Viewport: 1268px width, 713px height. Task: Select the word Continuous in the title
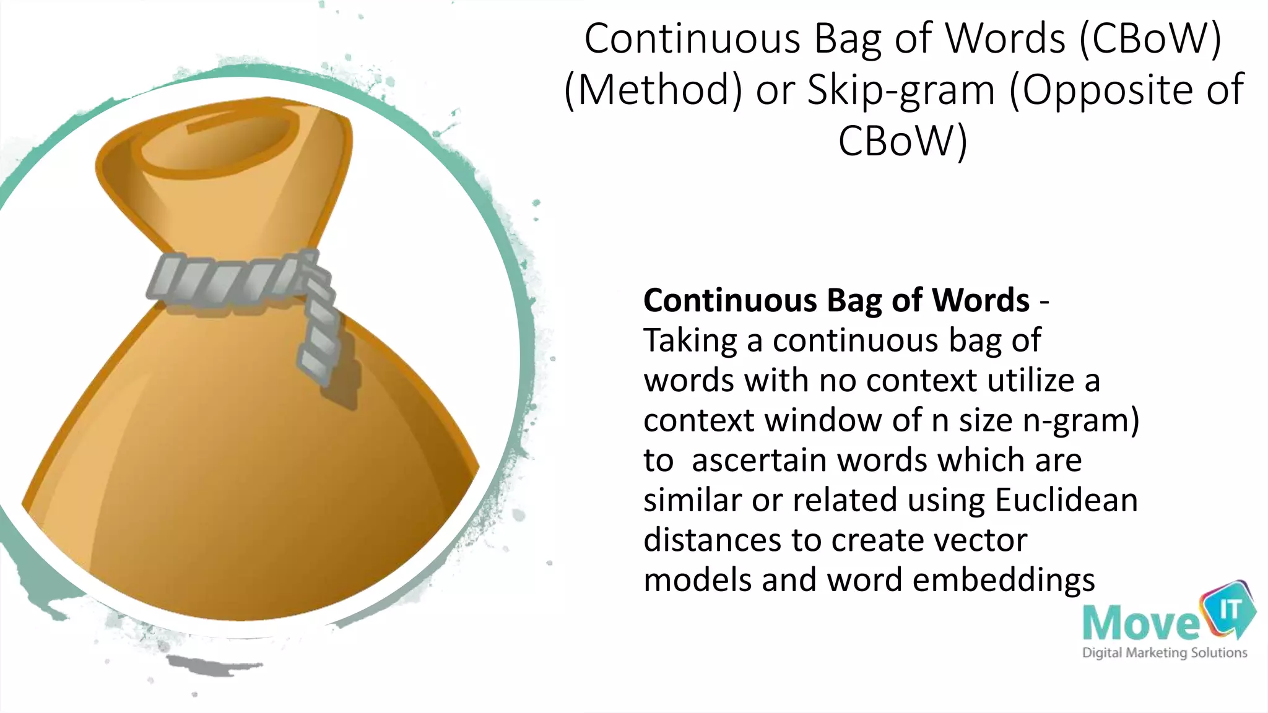point(692,39)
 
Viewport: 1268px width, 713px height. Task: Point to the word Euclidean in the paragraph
point(1066,500)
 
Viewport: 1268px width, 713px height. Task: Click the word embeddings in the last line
point(1004,581)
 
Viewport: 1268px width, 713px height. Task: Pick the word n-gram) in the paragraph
point(1081,421)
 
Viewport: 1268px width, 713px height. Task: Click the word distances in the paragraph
point(711,540)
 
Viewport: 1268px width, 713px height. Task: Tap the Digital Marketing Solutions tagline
point(1164,653)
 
